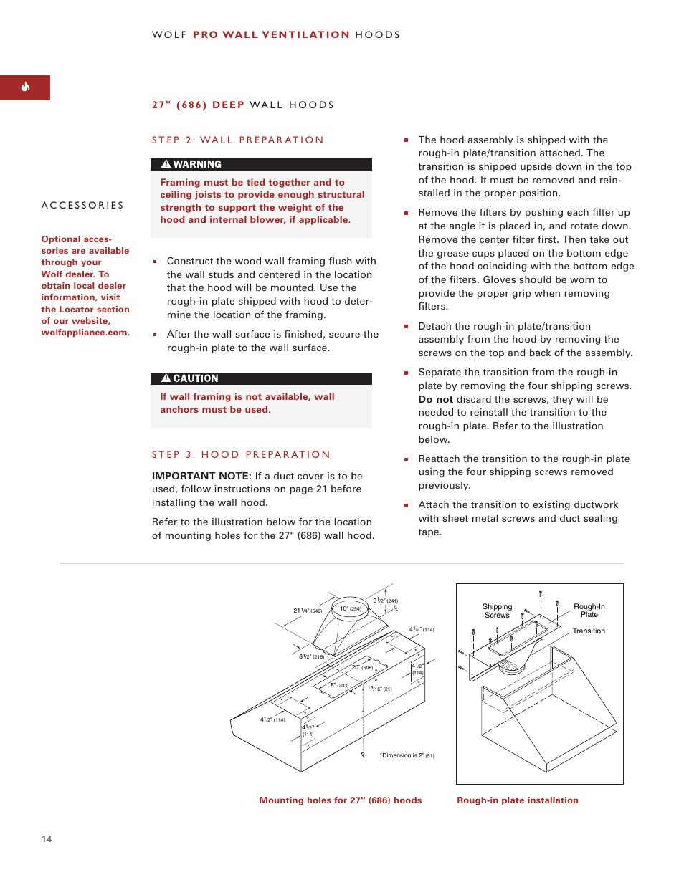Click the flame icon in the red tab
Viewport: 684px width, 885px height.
point(25,87)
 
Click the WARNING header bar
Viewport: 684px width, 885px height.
point(261,164)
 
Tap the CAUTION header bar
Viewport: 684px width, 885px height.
point(261,378)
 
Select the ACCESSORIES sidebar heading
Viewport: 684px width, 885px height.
point(82,206)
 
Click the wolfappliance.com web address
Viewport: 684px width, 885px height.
point(85,333)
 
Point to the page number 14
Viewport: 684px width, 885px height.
point(47,839)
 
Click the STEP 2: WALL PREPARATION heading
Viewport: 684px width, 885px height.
point(237,140)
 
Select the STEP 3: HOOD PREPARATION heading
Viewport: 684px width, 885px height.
point(241,455)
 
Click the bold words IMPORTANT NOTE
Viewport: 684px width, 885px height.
point(201,476)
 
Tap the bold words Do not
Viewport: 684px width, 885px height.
point(435,400)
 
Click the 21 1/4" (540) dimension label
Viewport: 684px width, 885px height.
point(308,611)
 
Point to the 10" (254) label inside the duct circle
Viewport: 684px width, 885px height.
point(351,609)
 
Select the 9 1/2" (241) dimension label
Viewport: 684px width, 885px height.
point(385,601)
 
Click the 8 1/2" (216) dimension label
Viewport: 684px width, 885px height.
point(311,656)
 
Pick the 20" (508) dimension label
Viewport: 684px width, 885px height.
point(362,667)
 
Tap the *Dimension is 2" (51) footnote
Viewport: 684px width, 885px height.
point(407,755)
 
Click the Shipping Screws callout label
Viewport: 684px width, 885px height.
point(497,611)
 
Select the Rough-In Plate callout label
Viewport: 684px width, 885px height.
point(589,611)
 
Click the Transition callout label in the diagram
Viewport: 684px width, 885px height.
point(589,631)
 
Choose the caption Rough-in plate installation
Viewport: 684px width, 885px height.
point(517,800)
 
